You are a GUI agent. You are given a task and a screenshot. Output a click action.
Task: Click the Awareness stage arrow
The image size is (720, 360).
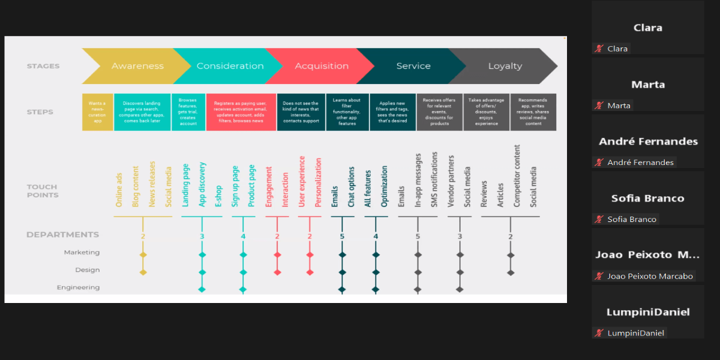pyautogui.click(x=137, y=66)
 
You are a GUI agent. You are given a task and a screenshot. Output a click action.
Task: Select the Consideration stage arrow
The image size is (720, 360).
pyautogui.click(x=230, y=66)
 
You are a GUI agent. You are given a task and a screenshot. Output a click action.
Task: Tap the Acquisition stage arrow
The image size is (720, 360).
pyautogui.click(x=322, y=66)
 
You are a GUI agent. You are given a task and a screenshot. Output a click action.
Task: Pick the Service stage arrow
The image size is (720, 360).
pyautogui.click(x=413, y=66)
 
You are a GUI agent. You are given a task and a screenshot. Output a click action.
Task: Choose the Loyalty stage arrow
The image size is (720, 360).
pyautogui.click(x=505, y=66)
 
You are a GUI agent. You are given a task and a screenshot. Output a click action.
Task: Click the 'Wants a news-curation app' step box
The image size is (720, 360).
pyautogui.click(x=97, y=112)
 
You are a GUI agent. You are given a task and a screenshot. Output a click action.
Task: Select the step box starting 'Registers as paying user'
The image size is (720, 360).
pyautogui.click(x=241, y=112)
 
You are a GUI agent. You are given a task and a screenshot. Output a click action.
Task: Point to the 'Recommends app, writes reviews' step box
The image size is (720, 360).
pyautogui.click(x=533, y=112)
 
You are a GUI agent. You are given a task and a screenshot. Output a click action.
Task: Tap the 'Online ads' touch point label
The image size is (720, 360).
pyautogui.click(x=119, y=189)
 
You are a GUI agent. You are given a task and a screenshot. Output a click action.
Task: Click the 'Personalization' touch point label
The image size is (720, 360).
pyautogui.click(x=318, y=182)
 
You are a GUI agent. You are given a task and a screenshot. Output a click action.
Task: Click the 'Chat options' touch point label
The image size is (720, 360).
pyautogui.click(x=352, y=187)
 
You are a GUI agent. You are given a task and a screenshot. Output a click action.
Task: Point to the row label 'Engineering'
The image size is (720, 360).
pyautogui.click(x=78, y=287)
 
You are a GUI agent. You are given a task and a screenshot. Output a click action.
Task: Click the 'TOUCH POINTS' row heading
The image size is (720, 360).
pyautogui.click(x=43, y=191)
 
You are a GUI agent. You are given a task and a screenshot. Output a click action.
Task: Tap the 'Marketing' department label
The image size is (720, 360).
pyautogui.click(x=82, y=253)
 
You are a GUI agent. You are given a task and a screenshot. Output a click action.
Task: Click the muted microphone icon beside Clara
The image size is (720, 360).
pyautogui.click(x=598, y=49)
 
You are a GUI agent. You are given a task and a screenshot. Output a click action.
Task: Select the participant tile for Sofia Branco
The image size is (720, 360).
pyautogui.click(x=647, y=198)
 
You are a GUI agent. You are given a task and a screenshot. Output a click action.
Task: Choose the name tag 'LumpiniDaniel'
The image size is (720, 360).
pyautogui.click(x=635, y=333)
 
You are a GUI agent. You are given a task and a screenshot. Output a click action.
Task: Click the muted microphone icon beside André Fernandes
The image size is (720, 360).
pyautogui.click(x=598, y=163)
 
